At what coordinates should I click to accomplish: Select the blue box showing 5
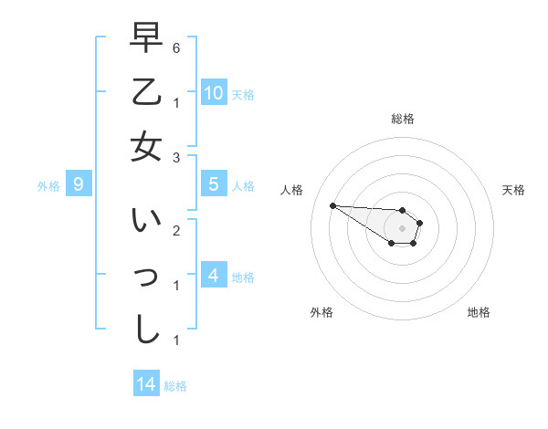point(214,184)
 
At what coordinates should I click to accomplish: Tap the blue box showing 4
point(214,275)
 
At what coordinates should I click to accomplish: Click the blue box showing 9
point(79,184)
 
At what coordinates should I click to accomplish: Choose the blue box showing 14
point(146,384)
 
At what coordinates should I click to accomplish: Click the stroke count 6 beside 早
point(176,46)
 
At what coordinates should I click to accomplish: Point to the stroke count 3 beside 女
point(176,158)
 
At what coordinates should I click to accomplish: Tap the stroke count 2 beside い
point(176,229)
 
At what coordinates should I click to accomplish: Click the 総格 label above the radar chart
point(402,119)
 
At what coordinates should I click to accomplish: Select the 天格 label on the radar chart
point(513,190)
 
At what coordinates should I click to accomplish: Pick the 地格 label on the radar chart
point(479,312)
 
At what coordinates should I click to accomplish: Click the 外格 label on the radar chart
point(321,312)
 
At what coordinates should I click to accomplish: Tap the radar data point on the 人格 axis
point(332,205)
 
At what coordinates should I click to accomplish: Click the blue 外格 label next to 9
point(48,186)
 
